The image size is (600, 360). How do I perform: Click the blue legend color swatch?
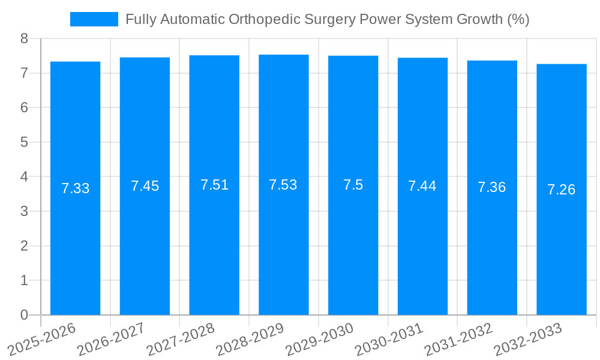coord(94,19)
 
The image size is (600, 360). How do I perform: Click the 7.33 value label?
coord(75,188)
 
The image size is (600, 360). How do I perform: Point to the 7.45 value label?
coord(145,186)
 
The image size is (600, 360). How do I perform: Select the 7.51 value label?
coord(214,185)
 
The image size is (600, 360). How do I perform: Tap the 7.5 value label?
coord(353,185)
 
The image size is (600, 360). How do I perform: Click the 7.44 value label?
coord(422,186)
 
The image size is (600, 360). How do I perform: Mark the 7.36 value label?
coord(491,187)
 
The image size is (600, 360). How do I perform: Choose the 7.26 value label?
coord(561,190)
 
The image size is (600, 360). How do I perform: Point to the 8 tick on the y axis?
coord(24,39)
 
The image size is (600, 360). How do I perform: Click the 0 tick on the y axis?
coord(24,315)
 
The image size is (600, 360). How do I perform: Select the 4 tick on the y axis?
coord(24,177)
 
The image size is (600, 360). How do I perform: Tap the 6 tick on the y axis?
coord(24,108)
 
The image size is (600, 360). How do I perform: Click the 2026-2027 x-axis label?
coord(112,339)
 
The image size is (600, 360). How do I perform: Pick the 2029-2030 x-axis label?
coord(319,339)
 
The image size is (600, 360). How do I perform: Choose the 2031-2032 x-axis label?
coord(458,339)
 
